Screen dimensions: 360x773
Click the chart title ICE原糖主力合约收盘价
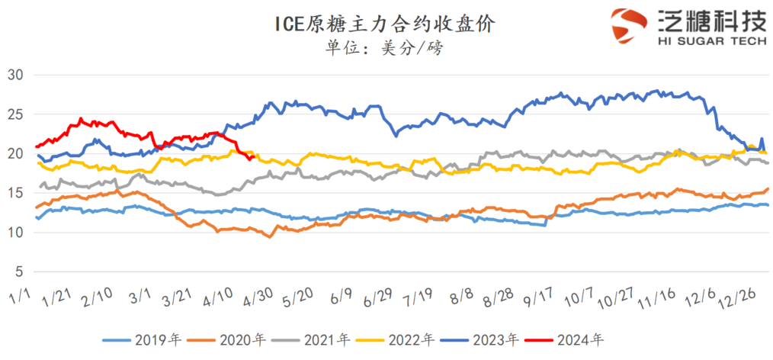pyautogui.click(x=386, y=24)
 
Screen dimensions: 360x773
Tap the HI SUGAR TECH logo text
pyautogui.click(x=710, y=42)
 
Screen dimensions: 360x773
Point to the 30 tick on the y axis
pyautogui.click(x=16, y=74)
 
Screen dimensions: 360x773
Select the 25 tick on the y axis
pyautogui.click(x=16, y=114)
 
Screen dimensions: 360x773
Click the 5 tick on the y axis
pyautogui.click(x=20, y=272)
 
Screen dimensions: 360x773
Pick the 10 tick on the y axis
pyautogui.click(x=16, y=232)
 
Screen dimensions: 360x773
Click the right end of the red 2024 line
pyautogui.click(x=252, y=158)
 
